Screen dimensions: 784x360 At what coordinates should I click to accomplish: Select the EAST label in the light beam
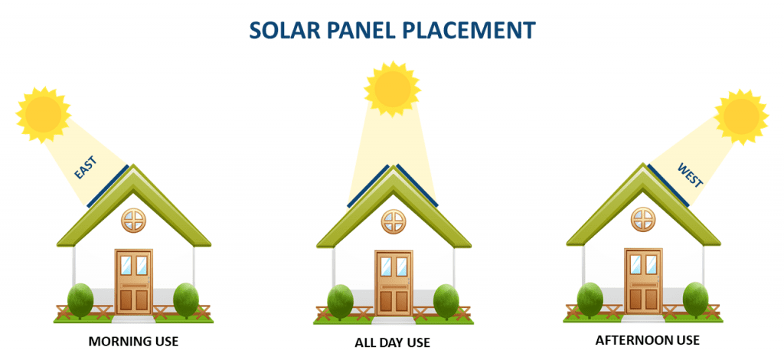86,167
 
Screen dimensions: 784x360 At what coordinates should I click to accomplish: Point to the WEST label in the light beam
690,175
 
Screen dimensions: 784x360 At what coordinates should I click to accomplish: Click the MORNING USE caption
133,342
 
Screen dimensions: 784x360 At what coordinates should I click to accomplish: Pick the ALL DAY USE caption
393,343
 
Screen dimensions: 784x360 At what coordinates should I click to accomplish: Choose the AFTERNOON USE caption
648,341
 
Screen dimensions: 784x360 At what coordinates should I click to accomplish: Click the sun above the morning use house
44,114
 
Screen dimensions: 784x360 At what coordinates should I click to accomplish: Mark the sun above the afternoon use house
741,117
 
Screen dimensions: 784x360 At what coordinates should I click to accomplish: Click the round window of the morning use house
134,221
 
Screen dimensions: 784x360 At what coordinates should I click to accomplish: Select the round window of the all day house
394,221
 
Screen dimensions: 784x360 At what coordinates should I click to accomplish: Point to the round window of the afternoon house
643,220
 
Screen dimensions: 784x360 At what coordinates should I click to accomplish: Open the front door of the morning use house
134,282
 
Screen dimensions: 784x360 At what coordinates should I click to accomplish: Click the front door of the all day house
394,283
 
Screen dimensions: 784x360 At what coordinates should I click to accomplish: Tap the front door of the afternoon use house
643,282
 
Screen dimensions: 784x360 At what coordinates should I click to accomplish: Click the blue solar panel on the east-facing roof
107,186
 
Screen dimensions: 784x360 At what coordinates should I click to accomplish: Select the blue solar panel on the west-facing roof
669,185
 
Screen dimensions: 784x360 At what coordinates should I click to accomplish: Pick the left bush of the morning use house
80,300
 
